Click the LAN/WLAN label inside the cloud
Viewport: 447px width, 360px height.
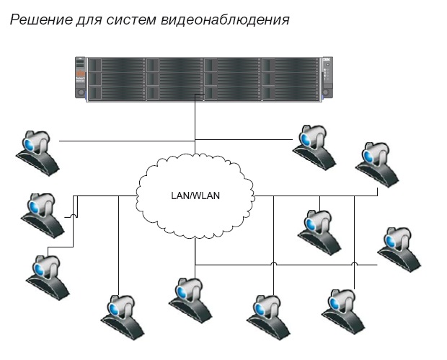tap(195, 195)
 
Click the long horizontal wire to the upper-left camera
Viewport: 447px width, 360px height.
tap(123, 140)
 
